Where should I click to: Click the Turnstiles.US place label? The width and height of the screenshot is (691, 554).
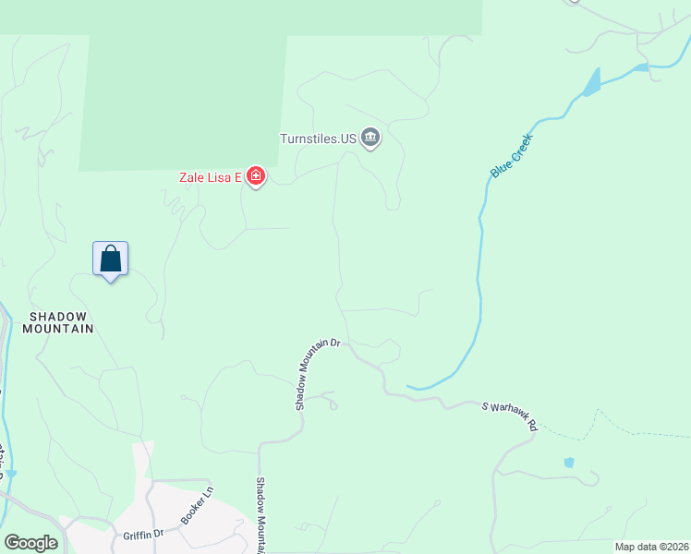click(318, 139)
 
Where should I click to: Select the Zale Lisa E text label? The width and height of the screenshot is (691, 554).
click(210, 176)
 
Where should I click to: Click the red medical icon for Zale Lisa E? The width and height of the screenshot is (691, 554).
click(255, 176)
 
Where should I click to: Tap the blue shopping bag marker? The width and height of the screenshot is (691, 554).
click(110, 259)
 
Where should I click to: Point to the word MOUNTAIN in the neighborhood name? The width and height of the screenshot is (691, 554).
click(61, 329)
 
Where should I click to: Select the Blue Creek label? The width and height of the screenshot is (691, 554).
click(512, 156)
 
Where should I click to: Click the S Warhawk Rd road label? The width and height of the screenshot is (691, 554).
click(509, 415)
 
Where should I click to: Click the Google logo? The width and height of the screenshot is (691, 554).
click(30, 543)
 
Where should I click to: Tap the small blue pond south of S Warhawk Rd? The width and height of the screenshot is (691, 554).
click(569, 463)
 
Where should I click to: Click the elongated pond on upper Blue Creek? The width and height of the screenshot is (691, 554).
click(591, 83)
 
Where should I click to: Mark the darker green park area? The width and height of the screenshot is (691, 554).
click(185, 83)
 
